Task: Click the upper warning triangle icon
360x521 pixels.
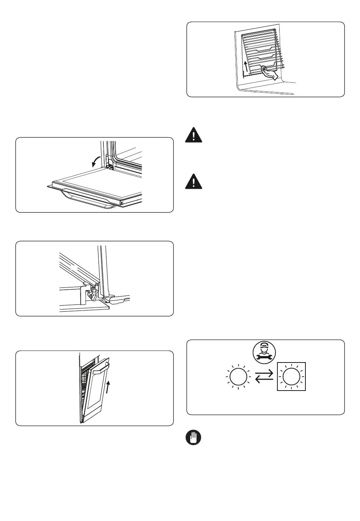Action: tap(194, 135)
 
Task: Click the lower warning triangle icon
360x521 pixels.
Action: tap(194, 182)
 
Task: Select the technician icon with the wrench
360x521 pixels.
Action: tap(264, 351)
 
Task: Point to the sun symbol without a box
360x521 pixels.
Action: tap(238, 377)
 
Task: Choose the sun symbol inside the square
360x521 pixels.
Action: tap(291, 377)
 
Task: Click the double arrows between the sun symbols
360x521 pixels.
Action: tap(265, 377)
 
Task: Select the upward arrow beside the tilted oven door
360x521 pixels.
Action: tap(109, 387)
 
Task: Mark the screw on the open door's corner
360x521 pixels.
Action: tap(121, 203)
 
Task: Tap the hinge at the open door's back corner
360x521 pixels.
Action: tap(110, 166)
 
